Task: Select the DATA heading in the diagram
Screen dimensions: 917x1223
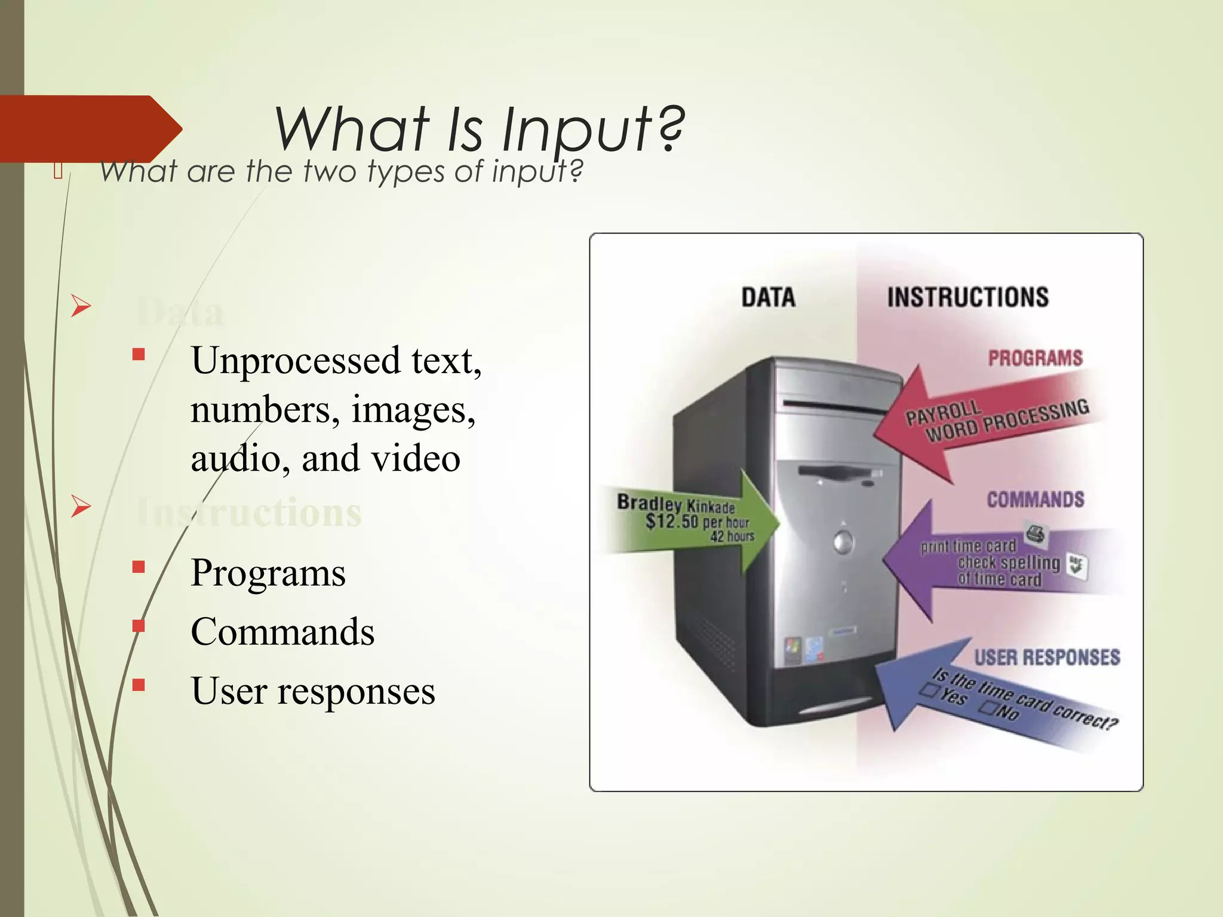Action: (768, 297)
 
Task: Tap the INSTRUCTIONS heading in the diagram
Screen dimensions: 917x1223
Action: (967, 297)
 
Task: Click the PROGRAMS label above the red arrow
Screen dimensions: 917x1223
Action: (1035, 358)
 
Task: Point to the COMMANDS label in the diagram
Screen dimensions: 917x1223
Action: (1035, 500)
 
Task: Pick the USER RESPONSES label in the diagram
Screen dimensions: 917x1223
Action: (1047, 657)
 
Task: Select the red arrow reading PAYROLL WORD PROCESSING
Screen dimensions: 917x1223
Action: (985, 421)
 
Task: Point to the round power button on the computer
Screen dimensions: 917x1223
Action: (843, 542)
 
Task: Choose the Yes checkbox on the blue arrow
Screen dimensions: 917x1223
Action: (929, 691)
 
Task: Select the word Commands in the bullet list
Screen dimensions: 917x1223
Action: (282, 632)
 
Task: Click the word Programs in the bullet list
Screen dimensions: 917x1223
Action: (268, 573)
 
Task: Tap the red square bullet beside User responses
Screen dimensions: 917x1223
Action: (139, 685)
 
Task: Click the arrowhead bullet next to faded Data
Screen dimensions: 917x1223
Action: (81, 306)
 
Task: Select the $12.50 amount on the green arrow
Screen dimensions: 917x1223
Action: (671, 521)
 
